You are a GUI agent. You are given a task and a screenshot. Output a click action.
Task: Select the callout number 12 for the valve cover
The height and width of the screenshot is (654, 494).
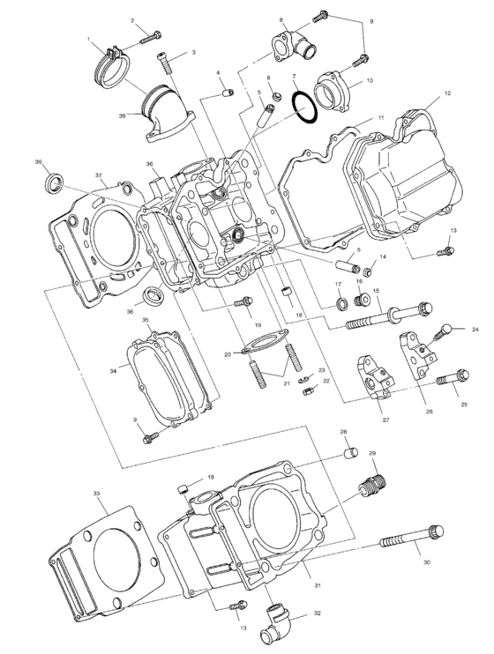[x=447, y=93]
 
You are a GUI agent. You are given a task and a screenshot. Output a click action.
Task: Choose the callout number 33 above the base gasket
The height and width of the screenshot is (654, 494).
[x=95, y=494]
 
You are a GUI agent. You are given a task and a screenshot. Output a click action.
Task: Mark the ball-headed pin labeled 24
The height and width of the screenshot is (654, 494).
[x=443, y=331]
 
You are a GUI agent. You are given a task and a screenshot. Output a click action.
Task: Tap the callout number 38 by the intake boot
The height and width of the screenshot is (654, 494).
[x=123, y=114]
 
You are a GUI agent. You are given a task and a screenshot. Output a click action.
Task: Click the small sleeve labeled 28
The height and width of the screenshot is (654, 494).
[x=348, y=454]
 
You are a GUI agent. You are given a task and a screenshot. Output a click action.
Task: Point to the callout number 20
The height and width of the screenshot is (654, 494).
[x=227, y=354]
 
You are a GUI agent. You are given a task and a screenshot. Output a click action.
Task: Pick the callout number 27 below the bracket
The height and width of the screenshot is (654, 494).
[x=385, y=420]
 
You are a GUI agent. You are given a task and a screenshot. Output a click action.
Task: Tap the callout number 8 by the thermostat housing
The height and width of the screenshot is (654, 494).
[x=281, y=19]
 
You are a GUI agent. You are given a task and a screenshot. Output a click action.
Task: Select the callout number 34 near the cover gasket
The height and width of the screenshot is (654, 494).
[x=112, y=372]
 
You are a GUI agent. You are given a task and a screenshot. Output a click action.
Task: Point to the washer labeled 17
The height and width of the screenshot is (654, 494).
[x=340, y=305]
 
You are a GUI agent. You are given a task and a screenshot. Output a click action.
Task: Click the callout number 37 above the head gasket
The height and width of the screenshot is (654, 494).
[x=100, y=175]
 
